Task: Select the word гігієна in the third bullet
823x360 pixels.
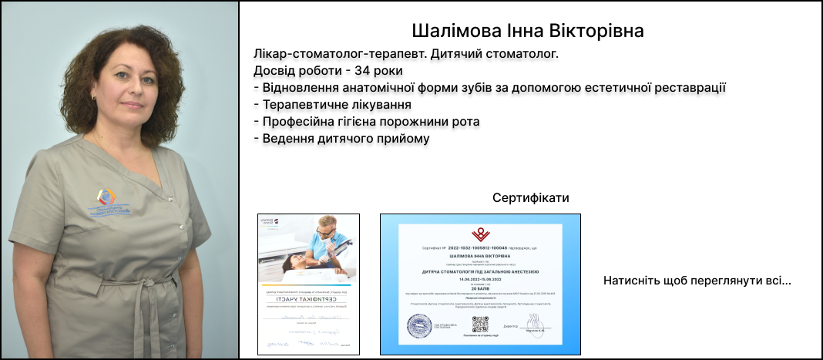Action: (362, 122)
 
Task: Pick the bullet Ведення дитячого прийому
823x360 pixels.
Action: (341, 139)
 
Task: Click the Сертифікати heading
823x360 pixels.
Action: (530, 198)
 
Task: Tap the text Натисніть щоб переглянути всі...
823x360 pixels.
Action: (697, 281)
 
